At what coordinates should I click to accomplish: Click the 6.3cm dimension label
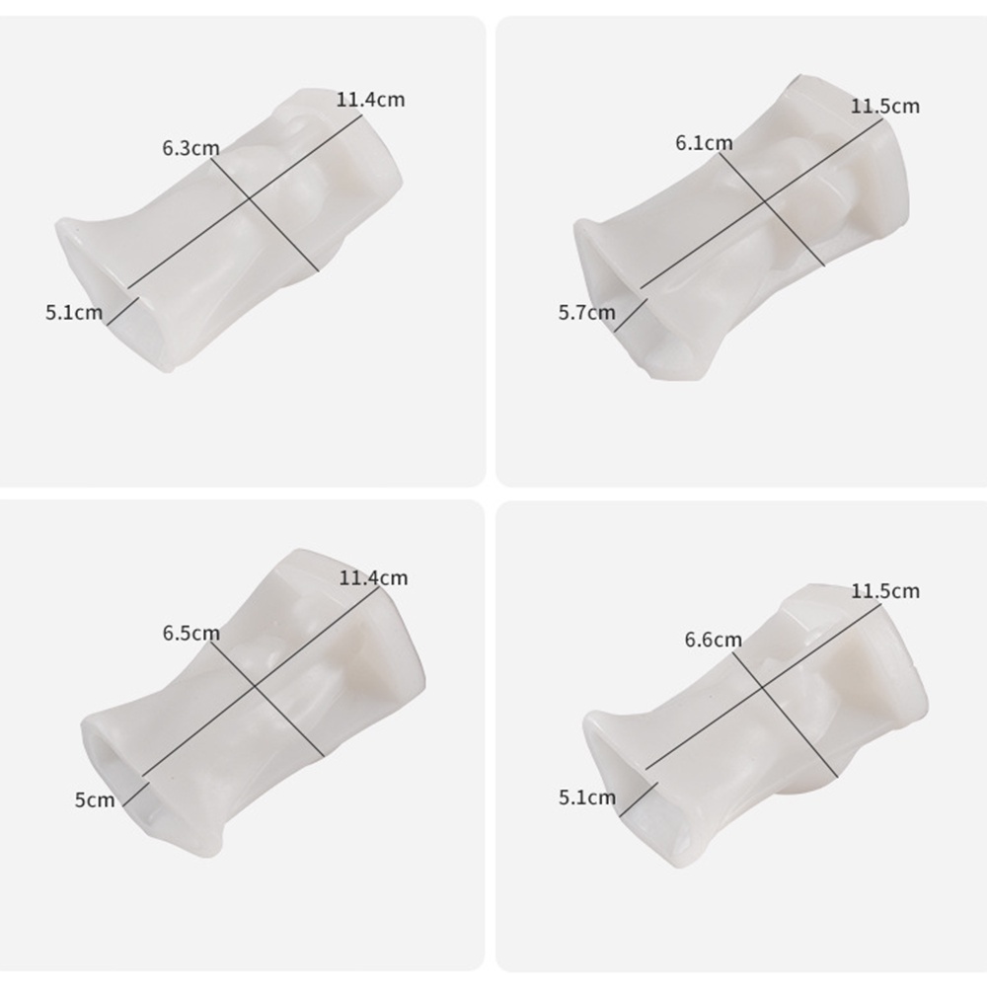pos(190,149)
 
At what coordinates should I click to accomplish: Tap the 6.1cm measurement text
pos(705,143)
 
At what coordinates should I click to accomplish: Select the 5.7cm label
pos(586,312)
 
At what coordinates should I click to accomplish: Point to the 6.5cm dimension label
pos(191,634)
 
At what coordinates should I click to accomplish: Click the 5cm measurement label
pos(95,800)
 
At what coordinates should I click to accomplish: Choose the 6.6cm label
pos(714,641)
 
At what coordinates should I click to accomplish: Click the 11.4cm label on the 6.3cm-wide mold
pos(370,100)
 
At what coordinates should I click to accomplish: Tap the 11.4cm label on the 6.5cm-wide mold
pos(373,577)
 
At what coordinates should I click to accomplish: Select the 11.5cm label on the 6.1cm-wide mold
pos(885,107)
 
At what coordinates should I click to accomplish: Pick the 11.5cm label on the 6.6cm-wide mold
pos(885,591)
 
